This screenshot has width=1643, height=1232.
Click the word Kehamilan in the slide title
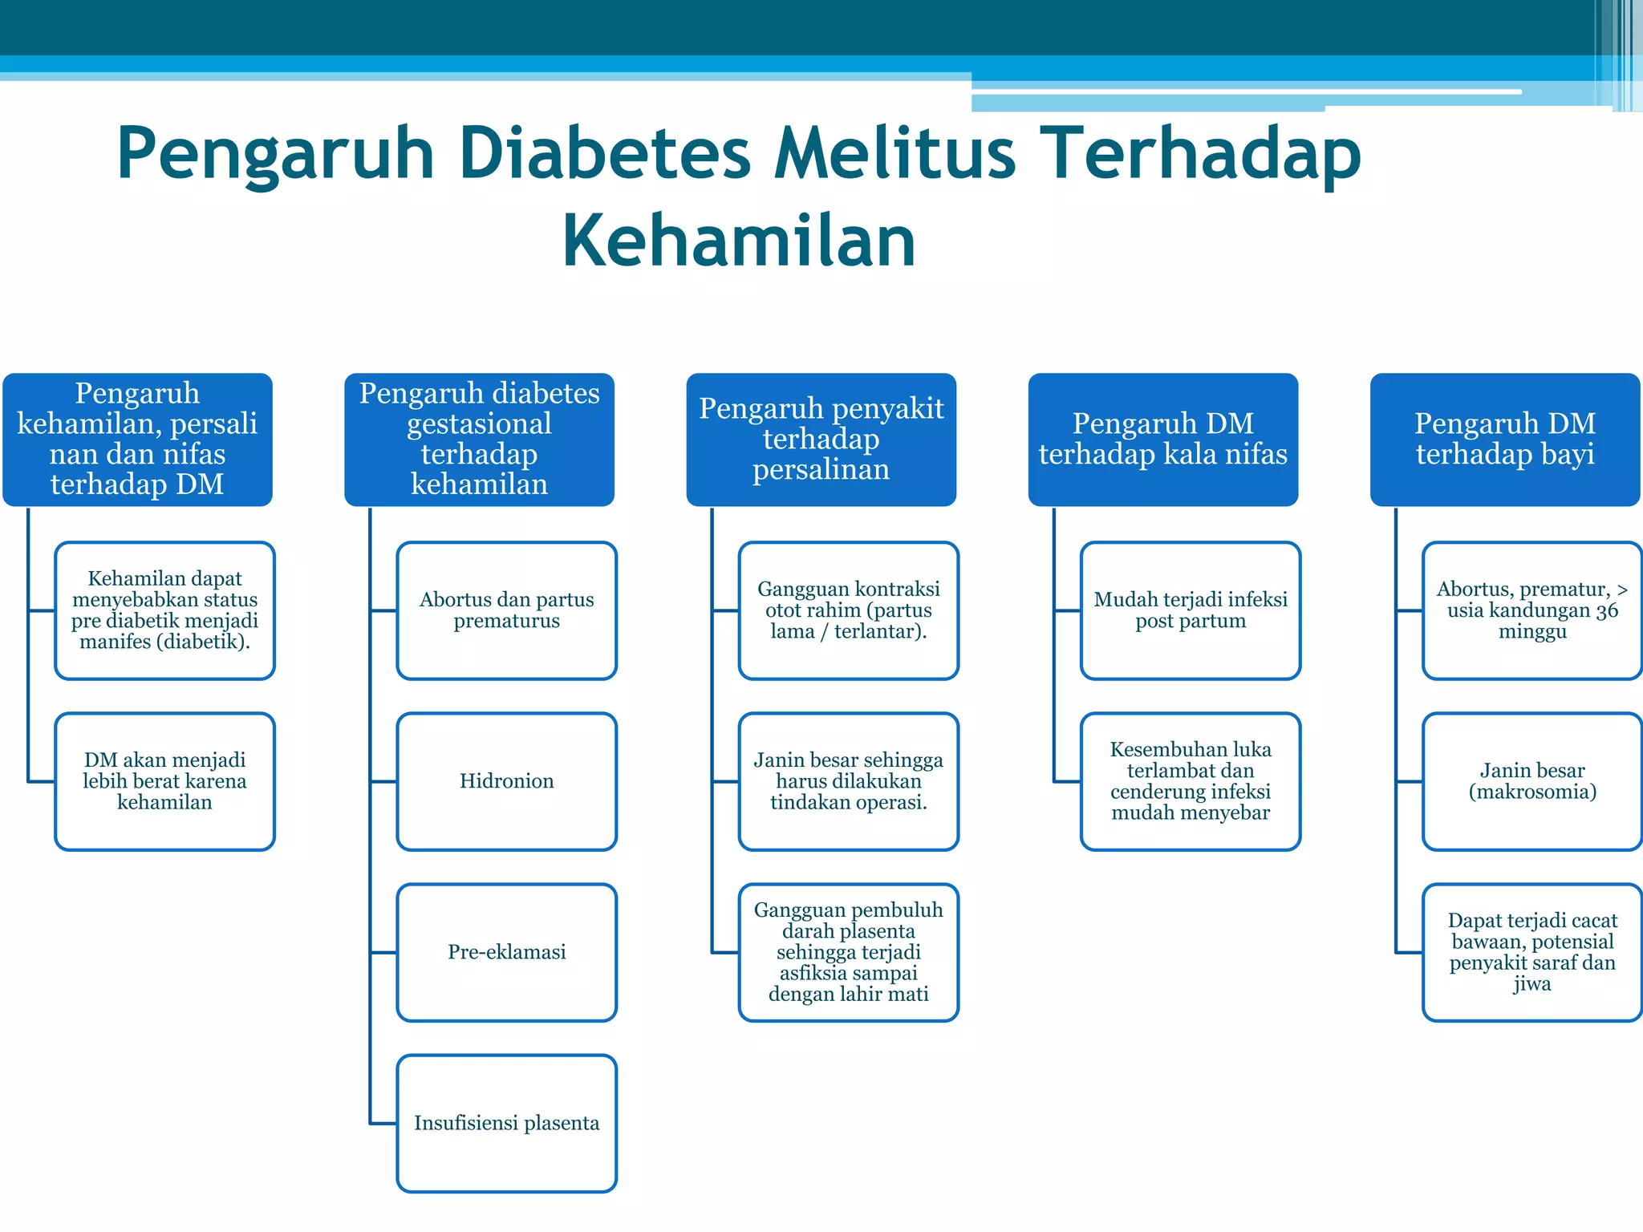coord(738,241)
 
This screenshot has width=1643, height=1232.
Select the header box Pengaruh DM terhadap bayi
coord(1504,439)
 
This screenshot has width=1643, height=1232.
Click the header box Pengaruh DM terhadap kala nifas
coord(1162,439)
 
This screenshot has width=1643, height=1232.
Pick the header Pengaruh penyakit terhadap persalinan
coord(821,439)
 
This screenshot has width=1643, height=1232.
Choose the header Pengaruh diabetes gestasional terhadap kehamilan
coord(479,439)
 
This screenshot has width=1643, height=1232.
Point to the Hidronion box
coord(506,781)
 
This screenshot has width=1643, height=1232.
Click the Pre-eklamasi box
coord(506,952)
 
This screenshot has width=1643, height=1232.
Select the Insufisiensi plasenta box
coord(506,1123)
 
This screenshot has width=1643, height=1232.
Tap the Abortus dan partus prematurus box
coord(506,610)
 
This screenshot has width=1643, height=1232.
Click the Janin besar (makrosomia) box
coord(1531,781)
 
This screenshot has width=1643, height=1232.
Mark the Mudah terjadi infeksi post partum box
coord(1190,610)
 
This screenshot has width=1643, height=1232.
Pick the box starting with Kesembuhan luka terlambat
coord(1190,781)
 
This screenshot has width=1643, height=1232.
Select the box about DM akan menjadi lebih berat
coord(164,781)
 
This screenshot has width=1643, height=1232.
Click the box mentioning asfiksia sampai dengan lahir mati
coord(848,952)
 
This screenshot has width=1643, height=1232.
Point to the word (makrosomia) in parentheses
coord(1531,792)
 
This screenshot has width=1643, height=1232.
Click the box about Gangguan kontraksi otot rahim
coord(848,610)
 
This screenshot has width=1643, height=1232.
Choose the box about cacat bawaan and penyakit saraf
coord(1531,952)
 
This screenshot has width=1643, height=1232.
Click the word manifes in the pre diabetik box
coord(114,642)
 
